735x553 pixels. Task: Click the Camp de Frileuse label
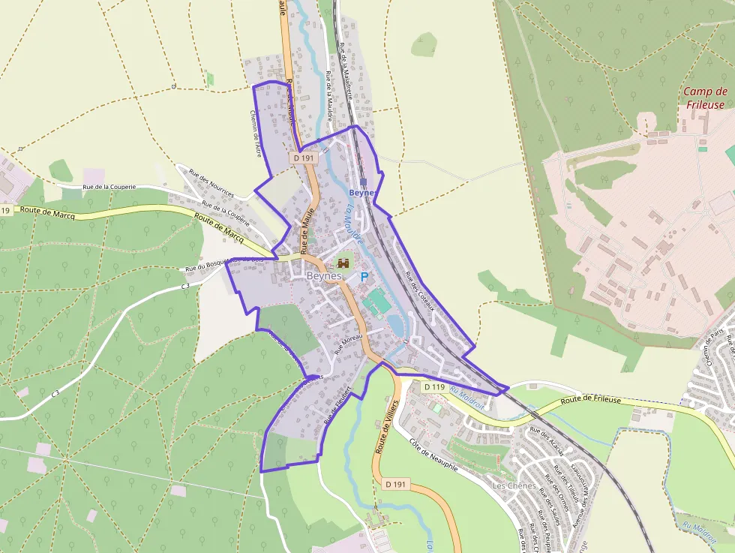tap(704, 98)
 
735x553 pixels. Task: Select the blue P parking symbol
tap(364, 277)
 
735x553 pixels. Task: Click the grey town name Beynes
tap(324, 276)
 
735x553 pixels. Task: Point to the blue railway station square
tap(363, 182)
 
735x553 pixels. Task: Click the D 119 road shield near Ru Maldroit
tap(434, 387)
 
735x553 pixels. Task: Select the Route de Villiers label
tap(385, 428)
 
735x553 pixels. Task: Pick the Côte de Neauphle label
tap(433, 455)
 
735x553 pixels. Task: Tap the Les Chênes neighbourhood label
tap(514, 485)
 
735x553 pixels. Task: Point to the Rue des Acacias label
tap(546, 441)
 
